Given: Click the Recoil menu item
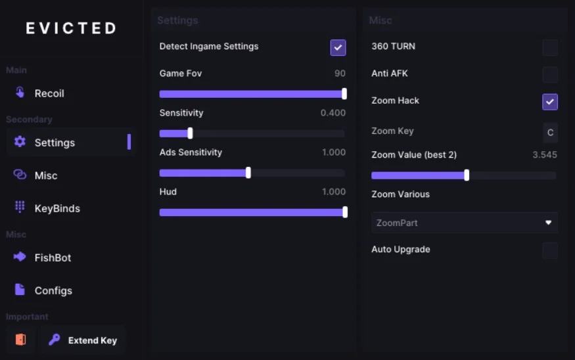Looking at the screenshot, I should pos(49,93).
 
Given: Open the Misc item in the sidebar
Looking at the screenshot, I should pos(45,175).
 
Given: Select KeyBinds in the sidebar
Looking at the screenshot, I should pos(57,208).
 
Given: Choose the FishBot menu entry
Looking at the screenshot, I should pos(52,258).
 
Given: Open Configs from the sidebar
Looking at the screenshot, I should pos(53,290).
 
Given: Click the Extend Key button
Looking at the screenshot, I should pos(83,340).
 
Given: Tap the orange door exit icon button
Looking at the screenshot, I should pos(20,340).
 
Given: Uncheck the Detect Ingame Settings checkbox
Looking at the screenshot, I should pos(338,47).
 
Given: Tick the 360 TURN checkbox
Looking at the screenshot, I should pos(550,47).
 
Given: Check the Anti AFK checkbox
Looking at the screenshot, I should pos(550,74).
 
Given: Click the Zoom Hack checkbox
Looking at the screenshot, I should pos(550,102).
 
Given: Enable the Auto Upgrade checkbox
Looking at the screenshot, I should pos(550,250).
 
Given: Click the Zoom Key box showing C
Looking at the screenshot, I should pos(550,132).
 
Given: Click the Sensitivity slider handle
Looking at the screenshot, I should pos(190,133).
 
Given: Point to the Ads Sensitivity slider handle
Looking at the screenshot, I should pos(248,173).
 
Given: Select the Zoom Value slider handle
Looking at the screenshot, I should pos(467,175).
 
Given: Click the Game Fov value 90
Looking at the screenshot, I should pos(340,74).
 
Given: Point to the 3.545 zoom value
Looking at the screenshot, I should pos(545,155).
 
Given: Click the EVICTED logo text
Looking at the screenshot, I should pos(71,28).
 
